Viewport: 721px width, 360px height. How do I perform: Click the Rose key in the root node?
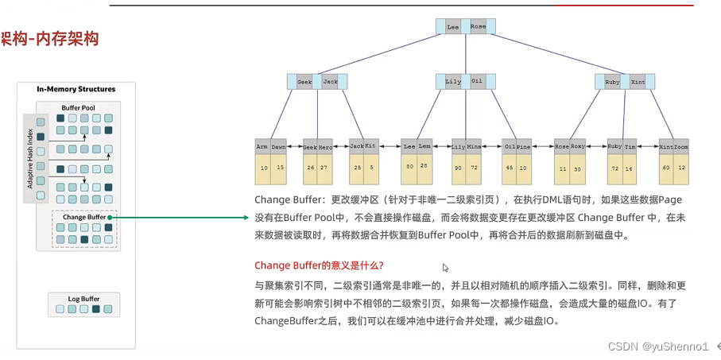[478, 26]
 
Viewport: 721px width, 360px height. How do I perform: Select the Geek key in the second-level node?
[304, 82]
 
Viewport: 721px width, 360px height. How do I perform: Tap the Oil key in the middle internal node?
[477, 81]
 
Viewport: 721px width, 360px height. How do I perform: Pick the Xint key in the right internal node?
[638, 82]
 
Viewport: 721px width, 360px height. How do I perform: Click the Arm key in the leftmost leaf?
[262, 147]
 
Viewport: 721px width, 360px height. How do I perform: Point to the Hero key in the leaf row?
[325, 147]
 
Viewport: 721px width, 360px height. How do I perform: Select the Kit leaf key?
[370, 146]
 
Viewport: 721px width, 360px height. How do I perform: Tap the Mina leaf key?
[474, 147]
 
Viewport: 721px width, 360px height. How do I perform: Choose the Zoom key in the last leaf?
[681, 147]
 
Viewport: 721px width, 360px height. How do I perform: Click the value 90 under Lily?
[458, 168]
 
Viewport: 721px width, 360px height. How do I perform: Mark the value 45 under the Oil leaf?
[510, 168]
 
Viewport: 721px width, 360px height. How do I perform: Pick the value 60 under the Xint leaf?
[665, 168]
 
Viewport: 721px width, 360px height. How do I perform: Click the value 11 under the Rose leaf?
[563, 169]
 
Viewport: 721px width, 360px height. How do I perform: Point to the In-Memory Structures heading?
[76, 89]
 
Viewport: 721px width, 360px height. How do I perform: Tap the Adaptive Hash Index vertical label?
[30, 158]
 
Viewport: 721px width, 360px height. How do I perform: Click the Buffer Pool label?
[78, 108]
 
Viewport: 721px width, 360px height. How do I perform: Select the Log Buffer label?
[83, 300]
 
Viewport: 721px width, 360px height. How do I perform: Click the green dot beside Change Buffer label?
[110, 217]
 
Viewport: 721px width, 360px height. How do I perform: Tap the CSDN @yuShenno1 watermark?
[657, 346]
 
